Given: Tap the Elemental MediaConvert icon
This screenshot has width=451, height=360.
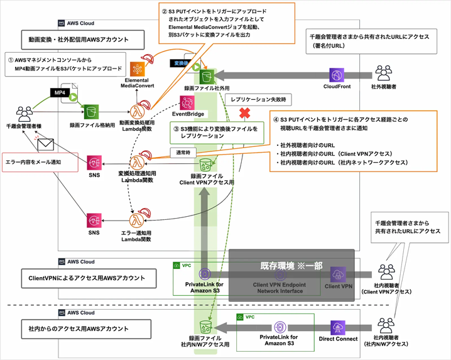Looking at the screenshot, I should (x=138, y=69).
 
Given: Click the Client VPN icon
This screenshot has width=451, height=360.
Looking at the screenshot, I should (x=339, y=275).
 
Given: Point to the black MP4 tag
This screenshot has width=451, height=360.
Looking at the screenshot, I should (x=60, y=92).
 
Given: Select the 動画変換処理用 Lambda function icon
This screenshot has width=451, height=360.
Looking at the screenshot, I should (x=137, y=112).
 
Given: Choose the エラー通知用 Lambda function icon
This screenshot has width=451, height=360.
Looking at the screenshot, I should (x=136, y=221).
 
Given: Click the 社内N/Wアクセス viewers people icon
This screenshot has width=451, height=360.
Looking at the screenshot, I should (x=384, y=326).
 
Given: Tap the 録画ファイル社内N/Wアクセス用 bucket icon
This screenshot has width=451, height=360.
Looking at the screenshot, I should (x=205, y=327).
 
